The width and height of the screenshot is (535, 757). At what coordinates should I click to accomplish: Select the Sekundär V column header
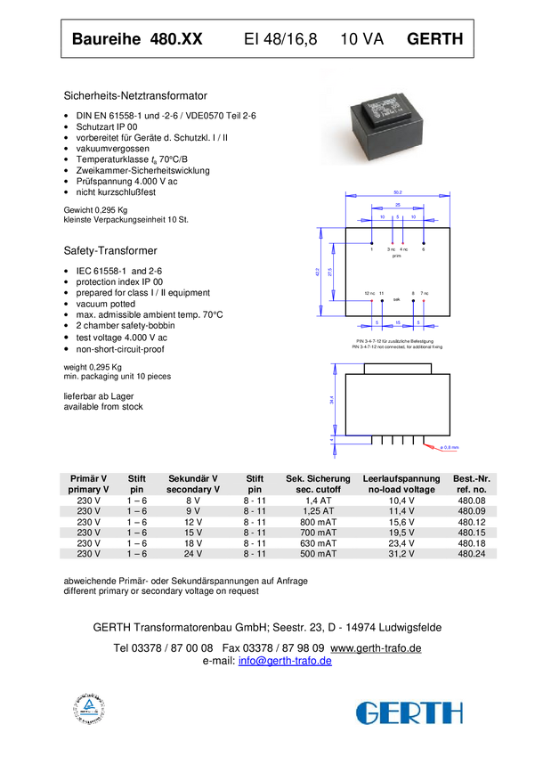pos(192,484)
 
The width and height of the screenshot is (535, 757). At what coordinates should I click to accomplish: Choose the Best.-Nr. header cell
pos(472,484)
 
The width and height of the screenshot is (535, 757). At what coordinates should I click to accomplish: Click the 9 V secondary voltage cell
pos(192,511)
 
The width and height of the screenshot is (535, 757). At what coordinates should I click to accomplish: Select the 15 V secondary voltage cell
pos(192,533)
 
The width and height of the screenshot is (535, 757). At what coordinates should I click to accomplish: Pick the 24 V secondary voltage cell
pos(192,554)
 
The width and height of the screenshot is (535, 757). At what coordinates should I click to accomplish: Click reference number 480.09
pos(472,511)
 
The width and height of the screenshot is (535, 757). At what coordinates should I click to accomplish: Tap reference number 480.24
pos(472,554)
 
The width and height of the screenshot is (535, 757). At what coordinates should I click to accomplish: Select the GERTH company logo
pos(409,712)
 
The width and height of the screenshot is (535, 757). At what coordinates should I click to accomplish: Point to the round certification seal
pos(88,710)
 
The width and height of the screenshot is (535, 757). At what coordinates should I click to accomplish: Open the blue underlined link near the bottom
pos(285,661)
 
